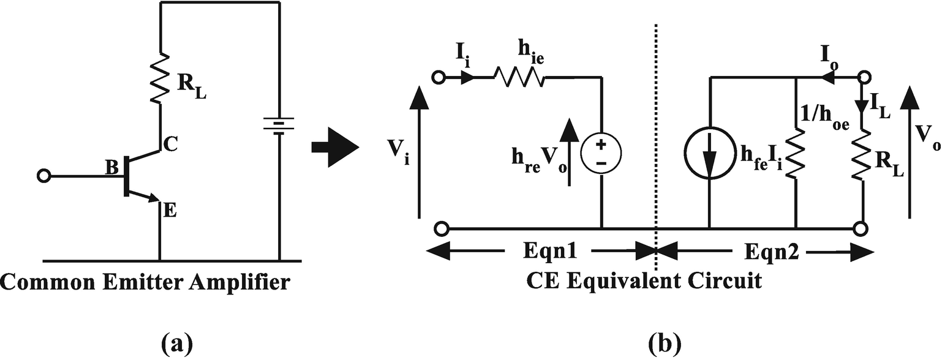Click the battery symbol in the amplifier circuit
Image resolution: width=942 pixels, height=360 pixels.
pos(279,126)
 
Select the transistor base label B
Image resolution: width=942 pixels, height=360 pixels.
pos(112,167)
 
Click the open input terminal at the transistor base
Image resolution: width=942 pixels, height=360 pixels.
pos(43,176)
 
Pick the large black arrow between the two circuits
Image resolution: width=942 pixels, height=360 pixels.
pos(334,148)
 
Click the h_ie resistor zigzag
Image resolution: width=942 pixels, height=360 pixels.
pos(519,78)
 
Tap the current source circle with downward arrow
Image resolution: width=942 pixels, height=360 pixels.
pos(709,160)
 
